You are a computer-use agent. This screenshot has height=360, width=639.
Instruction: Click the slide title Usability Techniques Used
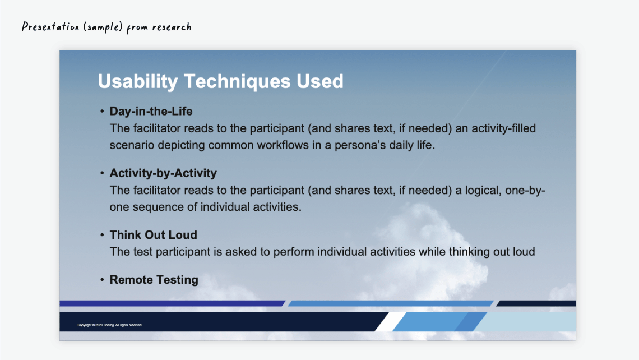220,81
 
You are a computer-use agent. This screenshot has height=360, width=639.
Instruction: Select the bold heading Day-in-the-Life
151,111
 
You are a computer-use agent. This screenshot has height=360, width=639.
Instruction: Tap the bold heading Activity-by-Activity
163,173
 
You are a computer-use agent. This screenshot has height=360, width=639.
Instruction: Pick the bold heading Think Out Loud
153,235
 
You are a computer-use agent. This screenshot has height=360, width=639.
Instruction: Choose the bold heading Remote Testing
154,280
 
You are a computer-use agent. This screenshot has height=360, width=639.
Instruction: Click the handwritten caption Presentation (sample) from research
106,27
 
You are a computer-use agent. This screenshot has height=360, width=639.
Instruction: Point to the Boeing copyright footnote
110,325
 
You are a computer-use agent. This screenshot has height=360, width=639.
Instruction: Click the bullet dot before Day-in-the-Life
102,111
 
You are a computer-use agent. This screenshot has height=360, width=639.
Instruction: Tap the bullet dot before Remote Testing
102,280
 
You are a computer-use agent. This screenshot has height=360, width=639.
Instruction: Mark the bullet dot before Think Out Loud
102,235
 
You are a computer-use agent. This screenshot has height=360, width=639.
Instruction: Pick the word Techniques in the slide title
237,81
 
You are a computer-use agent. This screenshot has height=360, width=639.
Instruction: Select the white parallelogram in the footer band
390,322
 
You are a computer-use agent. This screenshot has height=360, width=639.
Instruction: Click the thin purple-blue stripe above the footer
173,303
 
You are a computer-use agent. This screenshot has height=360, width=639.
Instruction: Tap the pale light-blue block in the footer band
526,322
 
